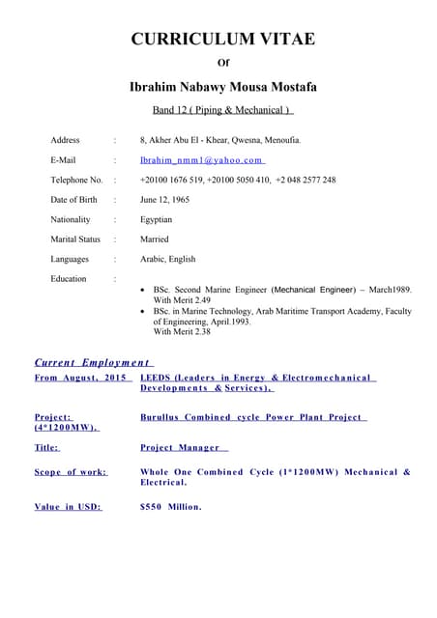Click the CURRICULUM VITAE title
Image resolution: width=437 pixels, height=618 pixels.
222,39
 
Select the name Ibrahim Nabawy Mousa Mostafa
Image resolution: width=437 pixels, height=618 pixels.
222,87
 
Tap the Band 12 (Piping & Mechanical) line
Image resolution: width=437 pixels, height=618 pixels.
222,109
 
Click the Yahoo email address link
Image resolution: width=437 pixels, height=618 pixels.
201,160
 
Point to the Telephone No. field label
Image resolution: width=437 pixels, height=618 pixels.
76,180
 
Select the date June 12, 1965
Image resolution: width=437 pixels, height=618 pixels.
164,200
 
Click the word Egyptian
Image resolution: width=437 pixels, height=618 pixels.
156,219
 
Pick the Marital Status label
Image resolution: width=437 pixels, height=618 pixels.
75,239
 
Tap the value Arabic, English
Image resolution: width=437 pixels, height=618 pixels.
167,259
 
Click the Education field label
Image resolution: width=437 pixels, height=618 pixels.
68,278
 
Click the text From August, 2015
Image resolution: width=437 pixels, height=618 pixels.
81,378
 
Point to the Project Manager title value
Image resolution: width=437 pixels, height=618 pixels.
182,448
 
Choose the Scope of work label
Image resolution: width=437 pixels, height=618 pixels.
71,472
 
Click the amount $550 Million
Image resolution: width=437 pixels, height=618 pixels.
171,506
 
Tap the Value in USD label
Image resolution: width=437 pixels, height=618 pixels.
68,506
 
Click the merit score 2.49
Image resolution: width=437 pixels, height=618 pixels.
202,300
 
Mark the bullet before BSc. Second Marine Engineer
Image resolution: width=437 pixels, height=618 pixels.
144,290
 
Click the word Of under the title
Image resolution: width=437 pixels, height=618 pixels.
223,63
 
